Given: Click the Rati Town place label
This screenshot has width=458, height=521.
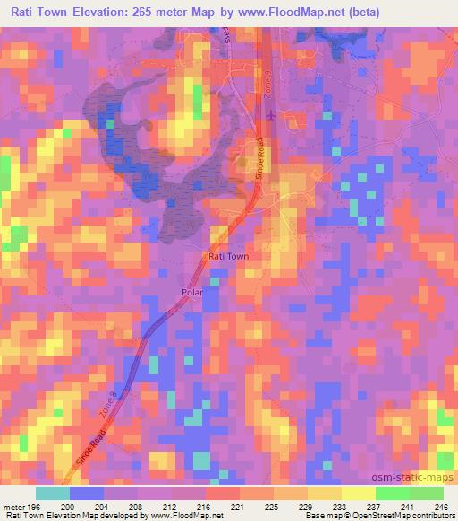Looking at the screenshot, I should click(227, 256).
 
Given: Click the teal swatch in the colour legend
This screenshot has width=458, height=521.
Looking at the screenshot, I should click(53, 493).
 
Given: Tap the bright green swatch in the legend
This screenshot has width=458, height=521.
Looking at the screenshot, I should click(393, 493).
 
